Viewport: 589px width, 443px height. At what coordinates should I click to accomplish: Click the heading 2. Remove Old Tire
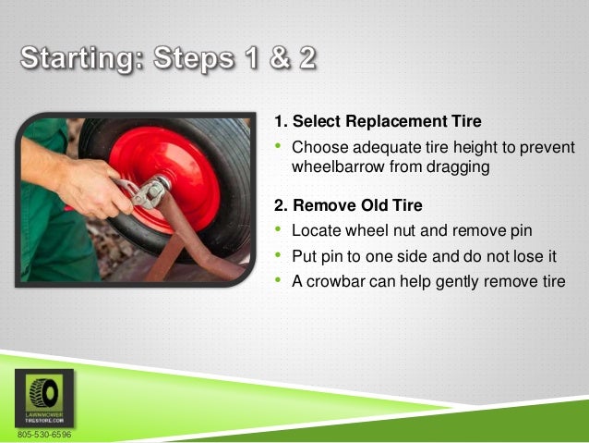pyautogui.click(x=347, y=205)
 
